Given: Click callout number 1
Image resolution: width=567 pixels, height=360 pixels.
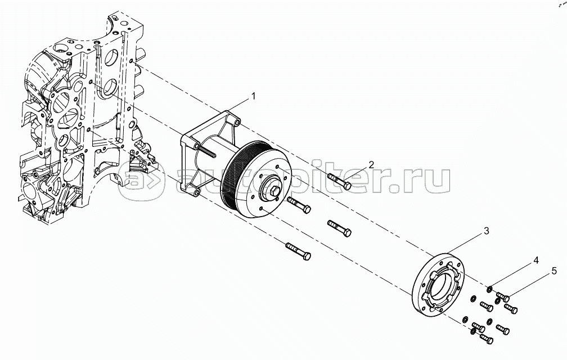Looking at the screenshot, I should pos(253,97).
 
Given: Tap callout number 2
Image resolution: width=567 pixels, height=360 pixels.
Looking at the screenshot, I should pos(371,164).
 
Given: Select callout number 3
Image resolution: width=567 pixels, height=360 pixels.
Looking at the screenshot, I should pos(487,231).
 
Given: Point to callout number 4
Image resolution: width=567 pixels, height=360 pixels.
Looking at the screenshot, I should pos(536,260).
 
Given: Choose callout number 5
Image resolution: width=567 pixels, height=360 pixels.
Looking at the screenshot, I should pos(553,271).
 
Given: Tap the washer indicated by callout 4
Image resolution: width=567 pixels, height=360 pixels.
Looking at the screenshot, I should pos(489,289).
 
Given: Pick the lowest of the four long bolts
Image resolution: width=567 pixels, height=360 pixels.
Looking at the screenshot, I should pos(298,251).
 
